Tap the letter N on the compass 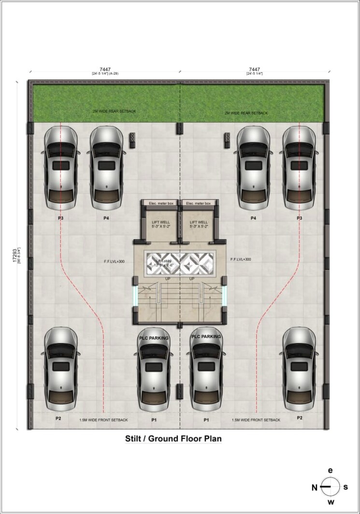point(314,487)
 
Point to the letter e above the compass point(331,470)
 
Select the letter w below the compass point(331,502)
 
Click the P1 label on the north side point(154,420)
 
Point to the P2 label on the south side point(300,417)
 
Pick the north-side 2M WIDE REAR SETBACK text point(115,111)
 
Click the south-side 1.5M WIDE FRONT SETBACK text point(256,420)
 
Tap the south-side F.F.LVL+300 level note point(241,259)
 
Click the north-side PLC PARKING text point(154,338)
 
